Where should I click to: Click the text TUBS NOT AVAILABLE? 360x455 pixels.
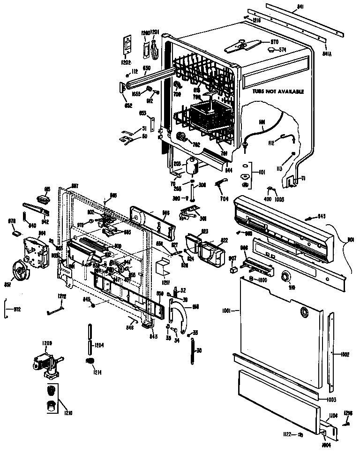click(278, 91)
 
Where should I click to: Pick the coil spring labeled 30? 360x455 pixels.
click(192, 351)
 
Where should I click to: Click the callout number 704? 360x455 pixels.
click(224, 199)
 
